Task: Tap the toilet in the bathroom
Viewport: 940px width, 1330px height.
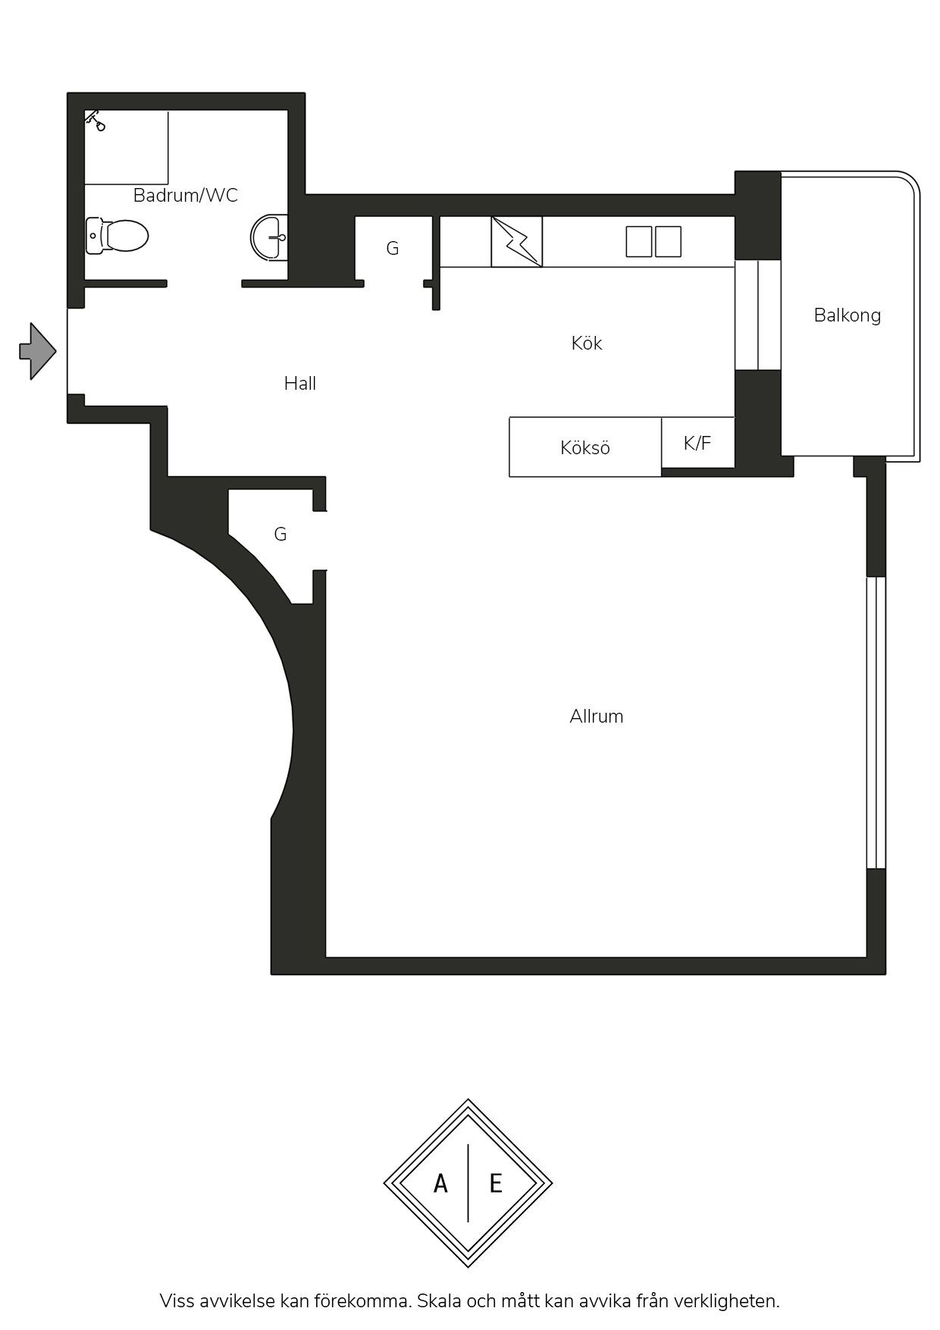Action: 117,236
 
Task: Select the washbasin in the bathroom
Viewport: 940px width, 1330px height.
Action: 270,237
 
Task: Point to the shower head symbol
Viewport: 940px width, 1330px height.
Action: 95,121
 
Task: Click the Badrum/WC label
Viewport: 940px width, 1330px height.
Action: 186,196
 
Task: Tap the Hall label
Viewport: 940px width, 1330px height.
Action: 300,384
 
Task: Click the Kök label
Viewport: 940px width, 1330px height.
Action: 587,343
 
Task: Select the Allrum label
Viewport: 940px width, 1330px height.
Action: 597,717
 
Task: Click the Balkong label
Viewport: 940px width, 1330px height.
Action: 848,315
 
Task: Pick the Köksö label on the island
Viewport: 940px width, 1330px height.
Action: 585,448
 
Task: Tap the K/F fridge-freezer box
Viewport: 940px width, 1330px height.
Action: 698,442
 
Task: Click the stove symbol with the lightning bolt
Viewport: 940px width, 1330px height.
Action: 517,242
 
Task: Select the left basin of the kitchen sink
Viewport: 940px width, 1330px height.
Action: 639,242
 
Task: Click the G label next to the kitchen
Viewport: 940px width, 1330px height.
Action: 393,249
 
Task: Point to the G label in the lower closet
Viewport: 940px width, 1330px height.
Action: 280,535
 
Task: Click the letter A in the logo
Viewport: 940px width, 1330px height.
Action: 440,1184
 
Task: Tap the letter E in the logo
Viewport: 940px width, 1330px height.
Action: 496,1184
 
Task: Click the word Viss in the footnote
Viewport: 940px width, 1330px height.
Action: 177,1301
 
